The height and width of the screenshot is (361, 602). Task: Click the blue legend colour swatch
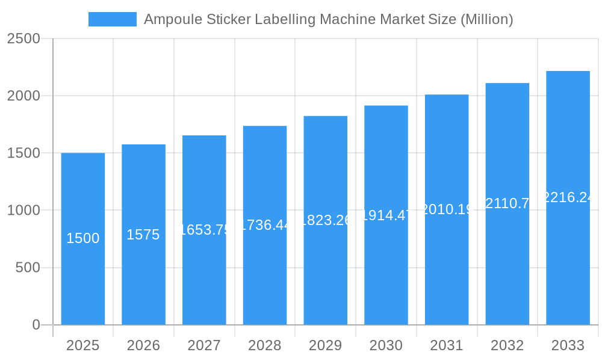pyautogui.click(x=112, y=19)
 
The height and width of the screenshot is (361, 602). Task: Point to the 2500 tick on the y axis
pyautogui.click(x=23, y=39)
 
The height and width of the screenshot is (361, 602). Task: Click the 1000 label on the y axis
pyautogui.click(x=23, y=211)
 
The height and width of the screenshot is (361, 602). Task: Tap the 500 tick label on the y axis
pyautogui.click(x=28, y=268)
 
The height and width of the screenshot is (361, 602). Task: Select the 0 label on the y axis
pyautogui.click(x=36, y=325)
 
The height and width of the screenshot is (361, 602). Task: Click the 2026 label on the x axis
pyautogui.click(x=143, y=345)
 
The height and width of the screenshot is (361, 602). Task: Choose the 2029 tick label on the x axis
pyautogui.click(x=325, y=345)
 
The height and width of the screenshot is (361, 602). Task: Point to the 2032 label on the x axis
pyautogui.click(x=507, y=345)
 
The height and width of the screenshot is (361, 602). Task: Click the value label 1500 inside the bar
pyautogui.click(x=83, y=238)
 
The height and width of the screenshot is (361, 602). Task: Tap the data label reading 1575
pyautogui.click(x=143, y=235)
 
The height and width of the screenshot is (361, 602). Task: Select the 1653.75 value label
pyautogui.click(x=205, y=230)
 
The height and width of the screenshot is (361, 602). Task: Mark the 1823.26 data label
pyautogui.click(x=326, y=220)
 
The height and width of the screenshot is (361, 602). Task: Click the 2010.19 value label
pyautogui.click(x=447, y=209)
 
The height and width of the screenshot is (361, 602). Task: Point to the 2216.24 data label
pyautogui.click(x=568, y=197)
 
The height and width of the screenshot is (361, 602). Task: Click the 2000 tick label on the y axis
pyautogui.click(x=23, y=96)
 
